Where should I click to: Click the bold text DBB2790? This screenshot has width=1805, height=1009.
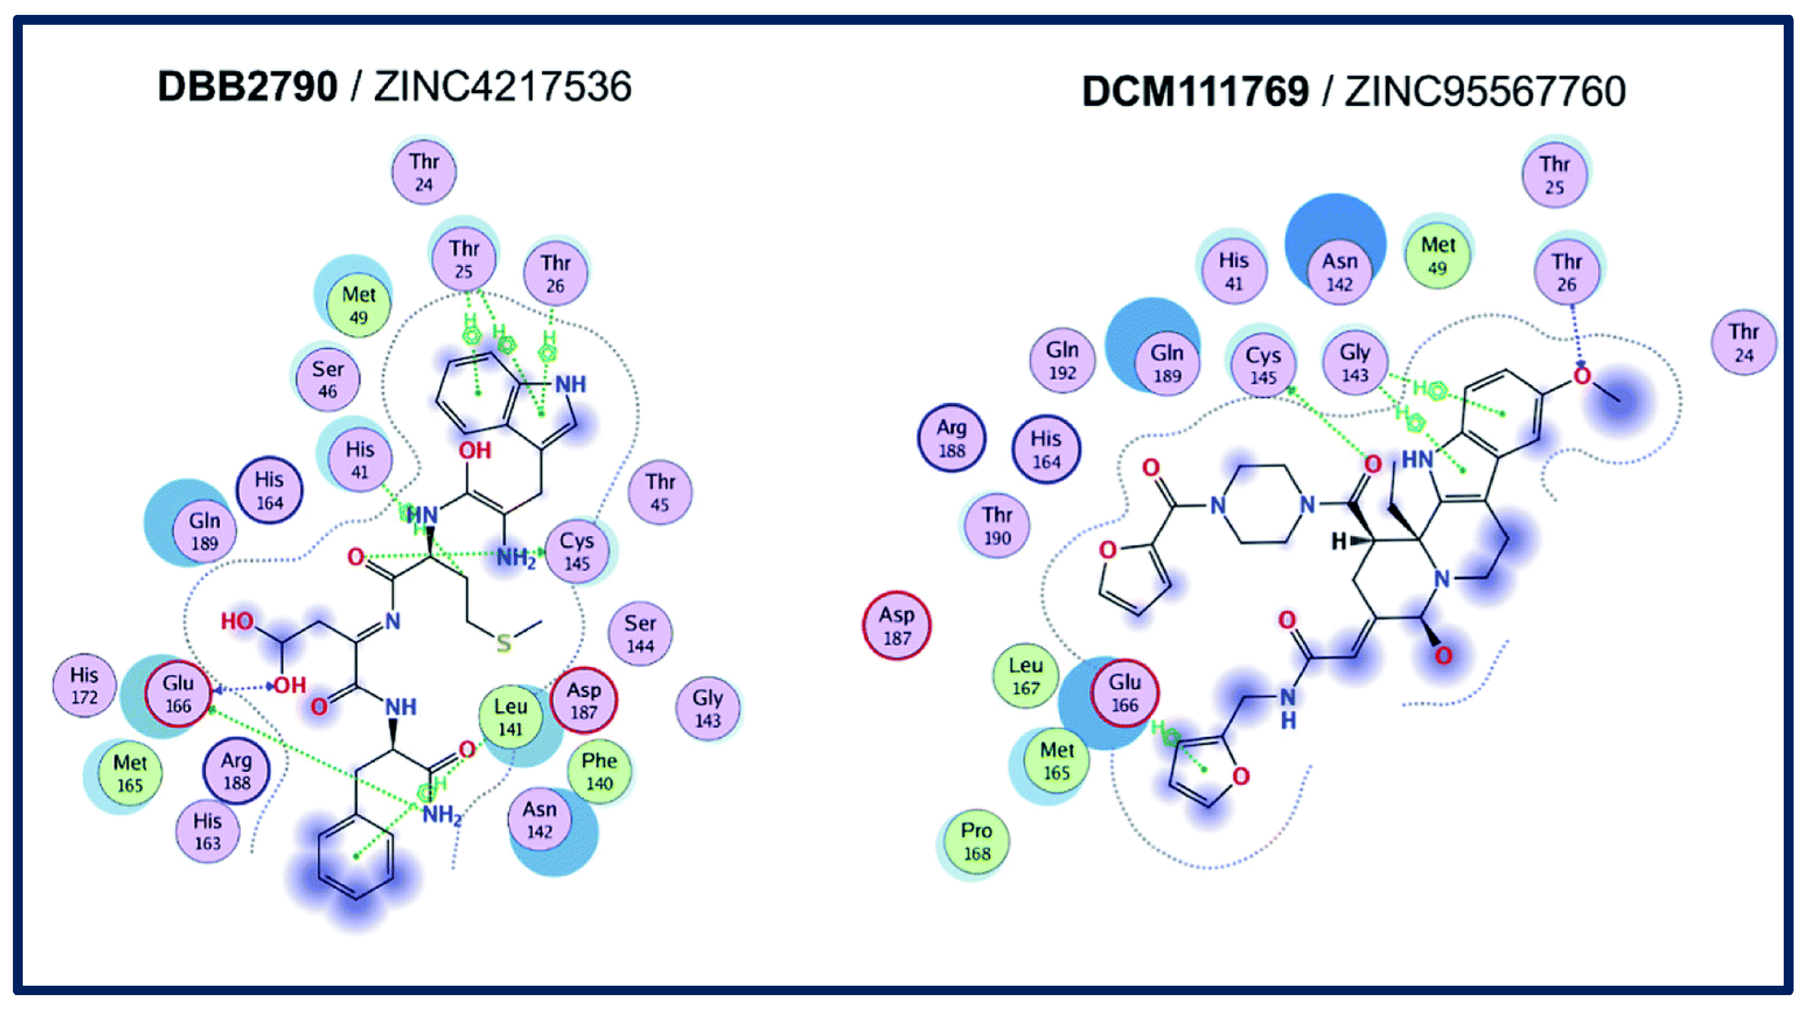pos(247,87)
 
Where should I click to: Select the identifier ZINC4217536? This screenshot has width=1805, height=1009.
pos(502,87)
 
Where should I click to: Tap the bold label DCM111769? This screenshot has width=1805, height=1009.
pos(1195,92)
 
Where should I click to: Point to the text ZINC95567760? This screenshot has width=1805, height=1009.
pos(1484,92)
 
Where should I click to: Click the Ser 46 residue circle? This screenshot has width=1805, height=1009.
pos(327,379)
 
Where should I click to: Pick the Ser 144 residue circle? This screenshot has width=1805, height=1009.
pos(640,633)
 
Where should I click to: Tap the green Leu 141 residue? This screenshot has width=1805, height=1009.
pos(510,716)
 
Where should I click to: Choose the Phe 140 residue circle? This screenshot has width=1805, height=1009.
pos(599,771)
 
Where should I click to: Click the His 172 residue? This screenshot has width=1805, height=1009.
pos(84,685)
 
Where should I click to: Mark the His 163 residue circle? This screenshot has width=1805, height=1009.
pos(208,831)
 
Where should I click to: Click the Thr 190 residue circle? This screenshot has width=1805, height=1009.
pos(997,525)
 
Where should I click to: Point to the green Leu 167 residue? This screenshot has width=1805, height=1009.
pos(1026,676)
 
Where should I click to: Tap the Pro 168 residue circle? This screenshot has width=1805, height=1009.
pos(976,841)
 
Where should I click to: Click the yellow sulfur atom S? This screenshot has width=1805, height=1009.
pos(504,644)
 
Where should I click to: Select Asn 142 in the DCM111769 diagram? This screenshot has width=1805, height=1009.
pos(1339,271)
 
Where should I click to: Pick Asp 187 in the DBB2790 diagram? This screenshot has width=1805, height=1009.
pos(584,700)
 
